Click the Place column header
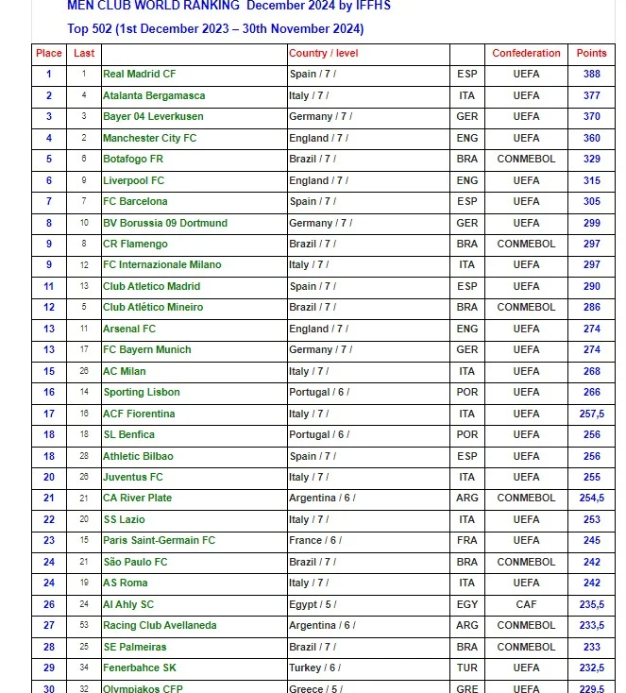click(x=49, y=53)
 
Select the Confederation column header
click(x=526, y=53)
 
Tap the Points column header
click(x=592, y=53)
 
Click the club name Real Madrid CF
click(x=139, y=74)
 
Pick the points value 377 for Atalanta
click(x=592, y=95)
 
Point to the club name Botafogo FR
click(x=133, y=159)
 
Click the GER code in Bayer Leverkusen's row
click(x=466, y=116)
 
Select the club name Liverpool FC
click(x=133, y=180)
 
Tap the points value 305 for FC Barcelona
click(x=592, y=201)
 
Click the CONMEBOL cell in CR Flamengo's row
click(x=526, y=244)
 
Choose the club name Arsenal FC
click(x=129, y=329)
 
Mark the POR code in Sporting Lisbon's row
click(x=466, y=392)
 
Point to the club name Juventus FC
click(x=133, y=477)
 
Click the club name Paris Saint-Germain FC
click(x=159, y=540)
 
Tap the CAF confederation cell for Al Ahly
click(x=526, y=604)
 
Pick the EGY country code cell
click(x=466, y=604)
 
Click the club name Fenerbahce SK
click(x=140, y=668)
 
